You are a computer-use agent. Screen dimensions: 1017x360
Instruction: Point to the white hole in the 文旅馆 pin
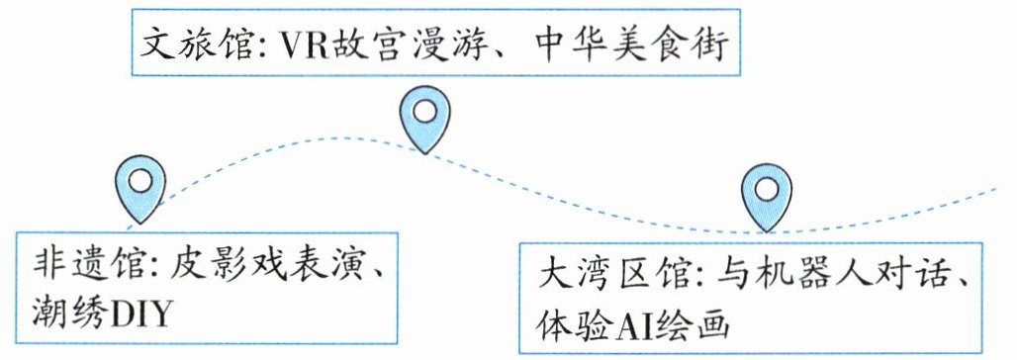point(424,112)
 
